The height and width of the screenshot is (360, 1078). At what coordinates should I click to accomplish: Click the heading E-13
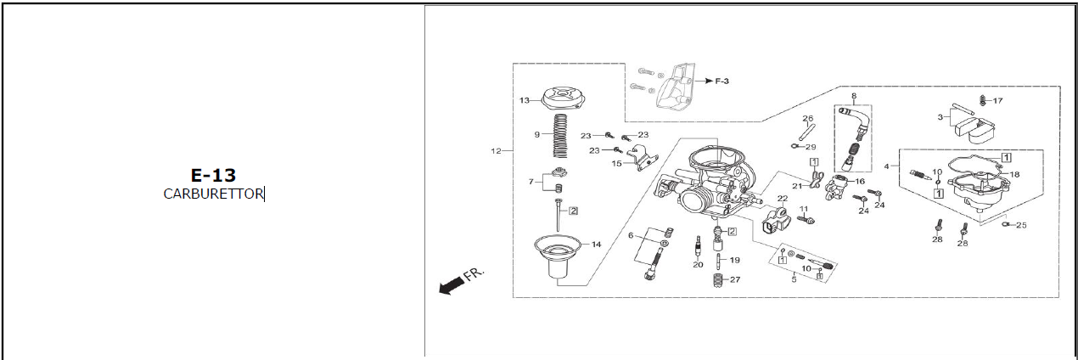pos(213,175)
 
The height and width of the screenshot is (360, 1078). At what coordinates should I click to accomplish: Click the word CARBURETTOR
pos(213,194)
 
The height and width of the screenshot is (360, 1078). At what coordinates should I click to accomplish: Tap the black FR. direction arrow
pos(452,286)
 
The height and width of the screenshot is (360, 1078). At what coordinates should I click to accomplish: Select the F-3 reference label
pos(721,82)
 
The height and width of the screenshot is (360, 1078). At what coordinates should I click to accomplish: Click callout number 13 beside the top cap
pos(524,100)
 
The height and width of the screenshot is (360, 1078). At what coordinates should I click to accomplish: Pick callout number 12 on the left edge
pos(496,151)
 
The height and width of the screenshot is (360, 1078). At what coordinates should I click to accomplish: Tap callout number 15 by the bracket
pos(616,164)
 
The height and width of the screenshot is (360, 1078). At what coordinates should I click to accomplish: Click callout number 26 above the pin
pos(807,118)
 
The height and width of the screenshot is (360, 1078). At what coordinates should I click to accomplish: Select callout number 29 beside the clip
pos(811,147)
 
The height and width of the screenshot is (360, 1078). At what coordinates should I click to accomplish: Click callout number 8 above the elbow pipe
pos(854,96)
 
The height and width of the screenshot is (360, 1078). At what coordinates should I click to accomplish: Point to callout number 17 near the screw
pos(997,100)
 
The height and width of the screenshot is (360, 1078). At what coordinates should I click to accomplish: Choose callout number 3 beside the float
pos(940,117)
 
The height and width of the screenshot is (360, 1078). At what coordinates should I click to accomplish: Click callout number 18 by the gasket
pos(1014,175)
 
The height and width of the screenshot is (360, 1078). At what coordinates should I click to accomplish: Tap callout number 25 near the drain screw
pos(1021,225)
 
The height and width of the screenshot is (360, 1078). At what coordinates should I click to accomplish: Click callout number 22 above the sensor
pos(783,199)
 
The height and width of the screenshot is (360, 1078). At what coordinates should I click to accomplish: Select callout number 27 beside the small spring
pos(735,279)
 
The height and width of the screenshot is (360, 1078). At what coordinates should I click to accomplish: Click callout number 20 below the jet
pos(698,265)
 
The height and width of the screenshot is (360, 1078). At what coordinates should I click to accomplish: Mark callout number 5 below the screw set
pos(794,279)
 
